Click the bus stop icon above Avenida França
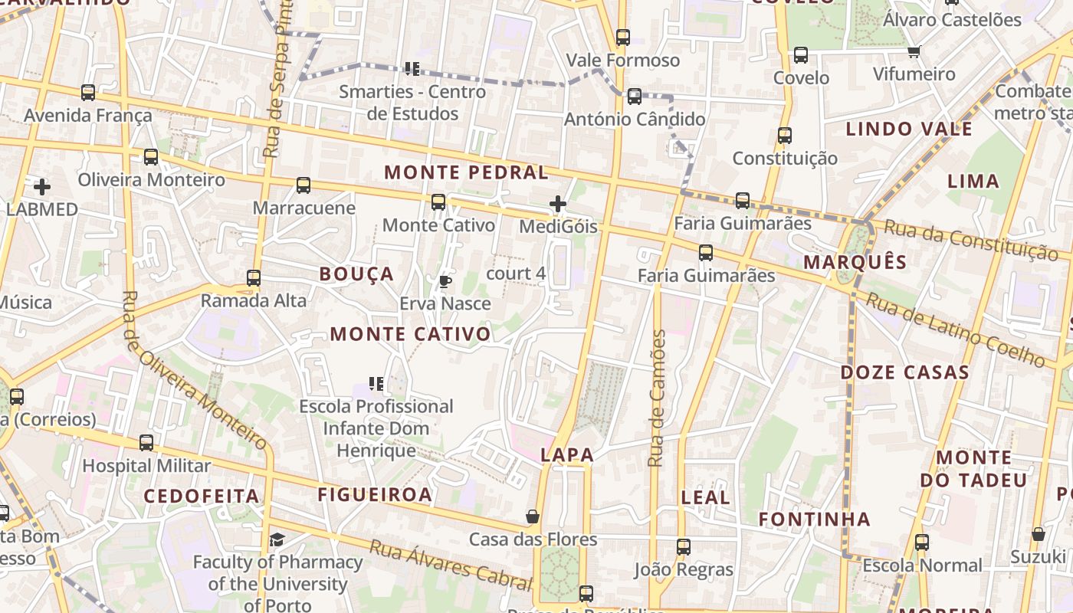point(88,93)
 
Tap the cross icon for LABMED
point(42,186)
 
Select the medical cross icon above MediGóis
point(558,204)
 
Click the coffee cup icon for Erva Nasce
point(445,281)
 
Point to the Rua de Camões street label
point(656,398)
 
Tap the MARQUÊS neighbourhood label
point(855,262)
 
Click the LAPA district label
point(567,454)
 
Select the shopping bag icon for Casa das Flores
point(533,516)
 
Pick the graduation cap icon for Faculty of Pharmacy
point(277,540)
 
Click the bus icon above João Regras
point(684,547)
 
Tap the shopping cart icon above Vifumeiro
point(914,51)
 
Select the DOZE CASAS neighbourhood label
point(905,373)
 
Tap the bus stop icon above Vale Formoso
point(623,37)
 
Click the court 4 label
point(516,274)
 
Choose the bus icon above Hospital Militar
point(146,443)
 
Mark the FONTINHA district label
point(815,520)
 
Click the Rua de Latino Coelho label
point(955,329)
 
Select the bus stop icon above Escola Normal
point(922,543)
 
